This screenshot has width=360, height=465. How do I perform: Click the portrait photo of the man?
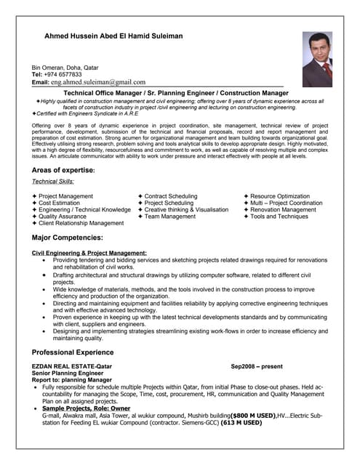[317, 60]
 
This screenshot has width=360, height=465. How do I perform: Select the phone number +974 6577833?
[68, 74]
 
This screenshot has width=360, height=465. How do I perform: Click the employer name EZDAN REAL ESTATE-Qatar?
[72, 367]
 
